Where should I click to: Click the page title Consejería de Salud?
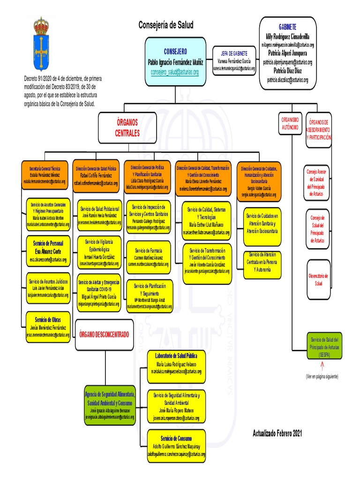[165, 25]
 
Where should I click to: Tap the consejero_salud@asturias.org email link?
[175, 72]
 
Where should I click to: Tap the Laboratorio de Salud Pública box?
[176, 363]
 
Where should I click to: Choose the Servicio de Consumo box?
[176, 442]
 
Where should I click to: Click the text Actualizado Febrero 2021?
[277, 435]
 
